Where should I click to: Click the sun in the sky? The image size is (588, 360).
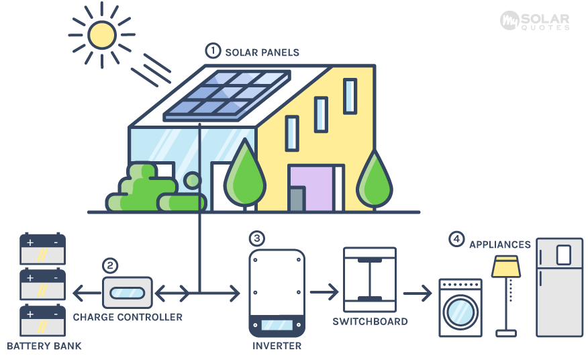(x=103, y=34)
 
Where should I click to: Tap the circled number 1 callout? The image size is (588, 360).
(x=213, y=51)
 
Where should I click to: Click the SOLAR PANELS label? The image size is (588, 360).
(x=262, y=52)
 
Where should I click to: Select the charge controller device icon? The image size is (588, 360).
(x=126, y=294)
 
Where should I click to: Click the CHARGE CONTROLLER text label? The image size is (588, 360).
(x=128, y=317)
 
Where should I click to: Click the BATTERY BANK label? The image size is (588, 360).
(x=44, y=347)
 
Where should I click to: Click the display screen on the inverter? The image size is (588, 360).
(x=277, y=325)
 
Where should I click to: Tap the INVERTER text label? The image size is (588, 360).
(x=277, y=347)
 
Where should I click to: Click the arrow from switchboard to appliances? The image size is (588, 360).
(x=417, y=294)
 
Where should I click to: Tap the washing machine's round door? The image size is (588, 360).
(x=460, y=310)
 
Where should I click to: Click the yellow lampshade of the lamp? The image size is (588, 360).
(x=506, y=267)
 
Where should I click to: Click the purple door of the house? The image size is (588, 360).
(x=310, y=189)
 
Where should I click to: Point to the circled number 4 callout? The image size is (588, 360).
(x=456, y=238)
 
